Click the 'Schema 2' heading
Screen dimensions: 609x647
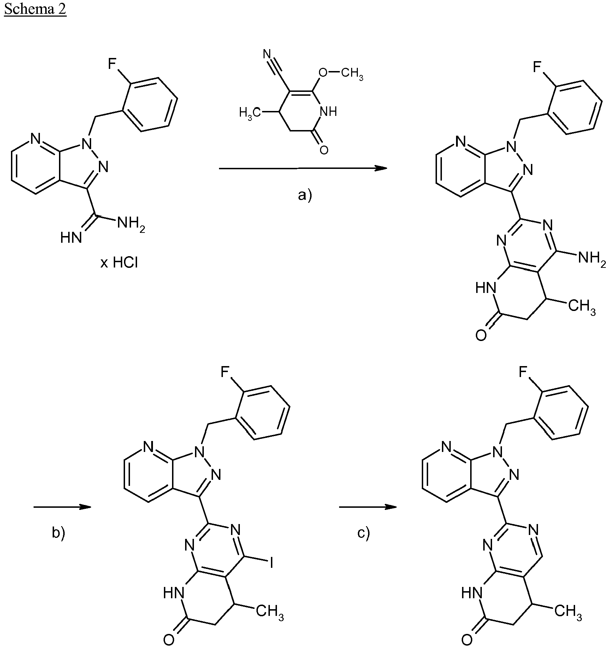pyautogui.click(x=35, y=9)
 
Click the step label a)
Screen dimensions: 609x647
pyautogui.click(x=305, y=194)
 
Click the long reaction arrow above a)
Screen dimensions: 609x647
pyautogui.click(x=303, y=169)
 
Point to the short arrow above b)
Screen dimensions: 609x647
pyautogui.click(x=63, y=507)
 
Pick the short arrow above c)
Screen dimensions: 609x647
pyautogui.click(x=368, y=507)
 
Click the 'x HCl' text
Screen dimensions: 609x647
pyautogui.click(x=119, y=263)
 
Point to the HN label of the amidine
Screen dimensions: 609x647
pyautogui.click(x=71, y=238)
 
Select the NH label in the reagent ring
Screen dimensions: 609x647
pyautogui.click(x=328, y=112)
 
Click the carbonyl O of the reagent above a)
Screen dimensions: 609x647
pyautogui.click(x=323, y=150)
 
